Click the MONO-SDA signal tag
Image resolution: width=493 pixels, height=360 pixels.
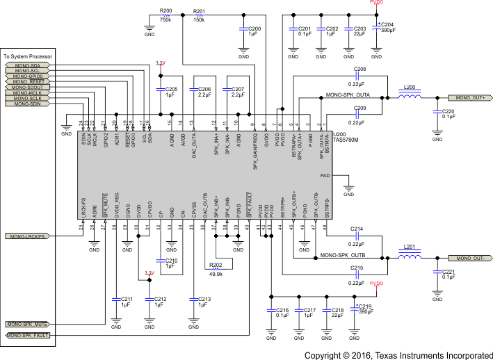pos(27,65)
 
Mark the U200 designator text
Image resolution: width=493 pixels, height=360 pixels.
pos(340,133)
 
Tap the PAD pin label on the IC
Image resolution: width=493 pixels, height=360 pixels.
pos(345,177)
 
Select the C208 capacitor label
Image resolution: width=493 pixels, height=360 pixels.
pos(359,70)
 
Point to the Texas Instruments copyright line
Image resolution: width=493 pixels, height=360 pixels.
pos(398,354)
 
